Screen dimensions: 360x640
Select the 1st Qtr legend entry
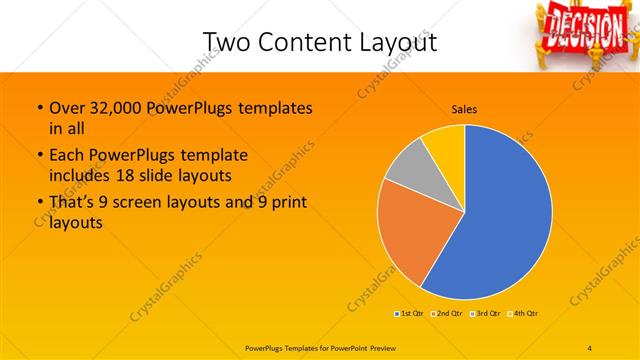[x=410, y=314]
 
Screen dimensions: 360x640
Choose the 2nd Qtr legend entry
[x=447, y=314]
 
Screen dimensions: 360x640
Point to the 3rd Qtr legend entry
[x=486, y=314]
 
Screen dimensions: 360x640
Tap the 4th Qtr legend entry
[x=524, y=314]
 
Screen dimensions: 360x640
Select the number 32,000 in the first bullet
[x=118, y=107]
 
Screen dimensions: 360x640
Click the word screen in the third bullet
[x=158, y=203]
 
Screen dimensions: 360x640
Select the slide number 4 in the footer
[x=590, y=346]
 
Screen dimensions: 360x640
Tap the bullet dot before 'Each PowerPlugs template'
[x=39, y=156]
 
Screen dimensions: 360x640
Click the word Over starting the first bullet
[x=66, y=107]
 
